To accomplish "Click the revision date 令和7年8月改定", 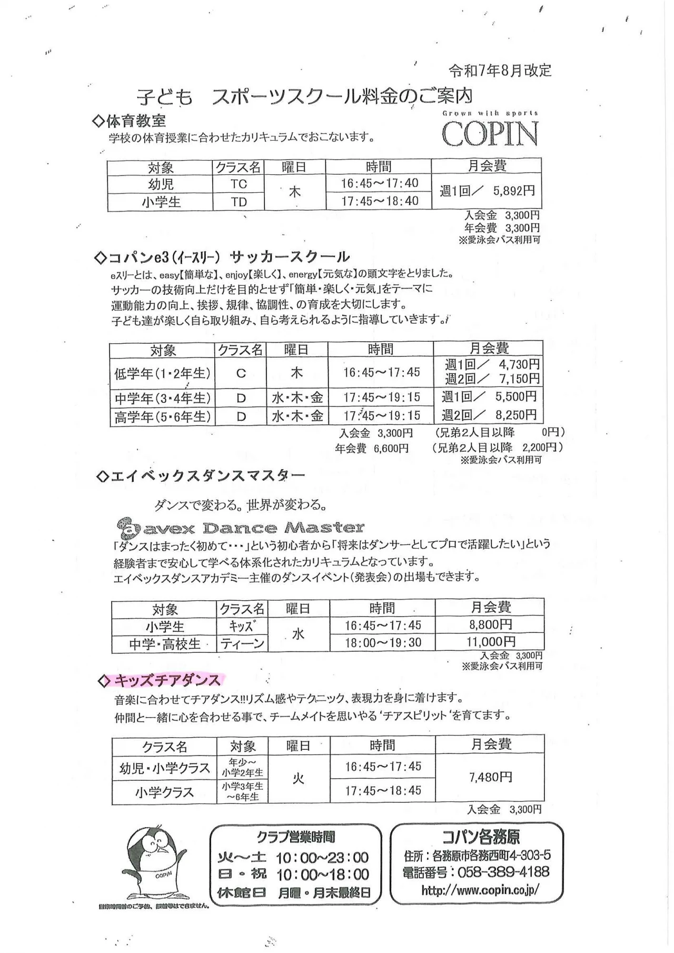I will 500,71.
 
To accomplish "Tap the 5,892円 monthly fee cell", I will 487,191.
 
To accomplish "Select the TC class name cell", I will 239,184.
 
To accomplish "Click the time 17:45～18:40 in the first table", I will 379,201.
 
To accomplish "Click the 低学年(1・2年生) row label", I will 162,373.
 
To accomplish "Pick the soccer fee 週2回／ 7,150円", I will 492,379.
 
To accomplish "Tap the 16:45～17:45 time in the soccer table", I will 381,372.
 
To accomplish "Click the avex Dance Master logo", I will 240,527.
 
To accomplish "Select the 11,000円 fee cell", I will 491,642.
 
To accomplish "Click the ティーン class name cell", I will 242,643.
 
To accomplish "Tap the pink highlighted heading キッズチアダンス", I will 167,681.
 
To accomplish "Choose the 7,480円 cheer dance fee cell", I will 490,777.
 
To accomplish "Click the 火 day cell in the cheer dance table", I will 299,778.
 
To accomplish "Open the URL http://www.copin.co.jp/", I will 480,890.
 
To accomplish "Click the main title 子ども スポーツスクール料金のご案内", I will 304,97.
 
